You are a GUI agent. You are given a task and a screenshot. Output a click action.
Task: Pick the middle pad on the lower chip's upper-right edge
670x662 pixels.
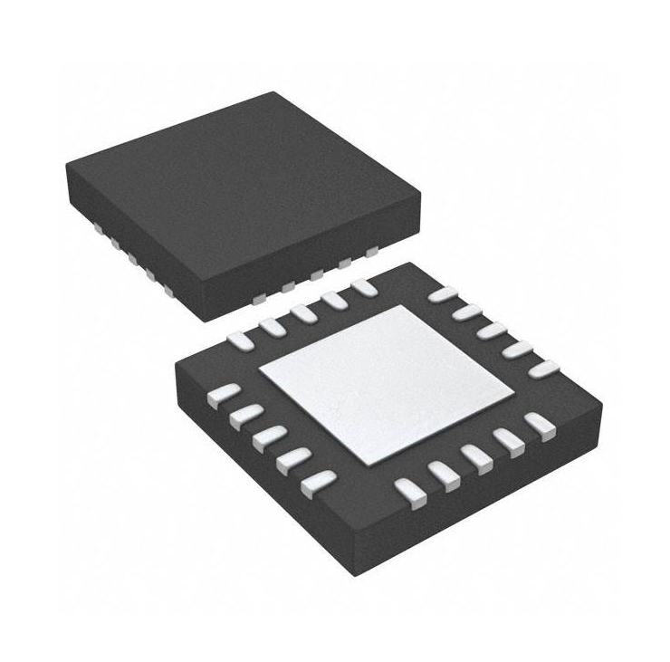click(x=493, y=331)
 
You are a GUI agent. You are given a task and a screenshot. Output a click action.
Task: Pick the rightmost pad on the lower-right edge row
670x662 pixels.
click(x=540, y=425)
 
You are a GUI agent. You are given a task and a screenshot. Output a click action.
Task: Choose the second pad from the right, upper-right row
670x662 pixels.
click(x=518, y=350)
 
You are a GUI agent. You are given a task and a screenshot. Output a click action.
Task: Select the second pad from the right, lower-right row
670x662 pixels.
click(x=507, y=440)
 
